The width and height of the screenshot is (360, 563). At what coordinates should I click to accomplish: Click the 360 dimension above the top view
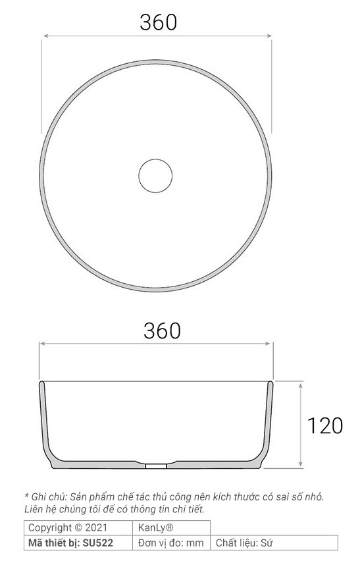click(x=158, y=22)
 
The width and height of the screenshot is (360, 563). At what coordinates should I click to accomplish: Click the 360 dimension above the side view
click(x=162, y=330)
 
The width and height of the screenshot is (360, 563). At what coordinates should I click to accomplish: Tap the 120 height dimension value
click(x=325, y=425)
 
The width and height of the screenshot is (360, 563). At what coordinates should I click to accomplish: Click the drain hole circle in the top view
click(x=156, y=175)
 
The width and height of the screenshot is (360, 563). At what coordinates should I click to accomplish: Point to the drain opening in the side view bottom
click(x=156, y=465)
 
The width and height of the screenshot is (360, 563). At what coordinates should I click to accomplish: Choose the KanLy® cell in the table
click(x=155, y=527)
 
